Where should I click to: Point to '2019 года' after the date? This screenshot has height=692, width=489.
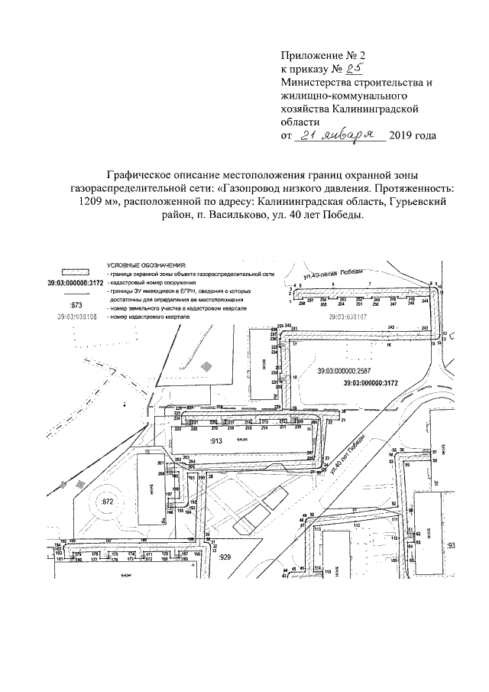413,136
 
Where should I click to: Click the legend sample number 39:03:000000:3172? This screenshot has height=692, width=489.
74,283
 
